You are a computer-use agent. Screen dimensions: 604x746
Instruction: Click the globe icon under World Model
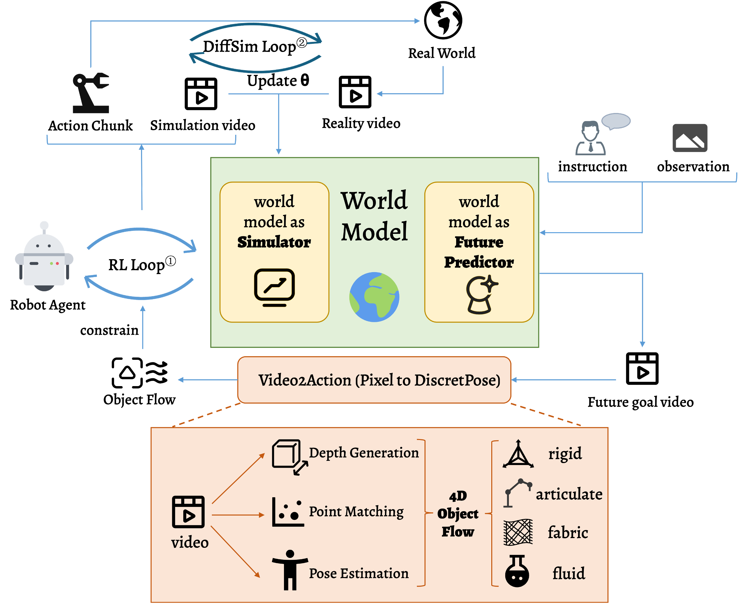[x=374, y=297]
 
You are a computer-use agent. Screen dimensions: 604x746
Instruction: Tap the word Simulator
[x=274, y=242]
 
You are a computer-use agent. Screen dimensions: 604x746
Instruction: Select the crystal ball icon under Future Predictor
[x=481, y=295]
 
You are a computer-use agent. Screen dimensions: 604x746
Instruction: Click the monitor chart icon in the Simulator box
[x=274, y=287]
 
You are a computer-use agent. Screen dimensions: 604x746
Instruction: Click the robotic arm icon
[x=91, y=93]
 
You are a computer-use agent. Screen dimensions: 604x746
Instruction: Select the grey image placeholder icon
[x=689, y=138]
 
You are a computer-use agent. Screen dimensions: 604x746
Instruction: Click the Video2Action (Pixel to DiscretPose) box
[x=374, y=380]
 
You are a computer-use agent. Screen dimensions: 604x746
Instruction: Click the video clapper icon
[x=188, y=512]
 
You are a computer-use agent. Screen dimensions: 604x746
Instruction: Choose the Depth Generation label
[x=364, y=453]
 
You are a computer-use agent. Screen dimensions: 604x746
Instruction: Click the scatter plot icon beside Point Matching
[x=288, y=512]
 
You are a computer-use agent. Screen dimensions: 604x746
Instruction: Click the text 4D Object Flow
[x=458, y=513]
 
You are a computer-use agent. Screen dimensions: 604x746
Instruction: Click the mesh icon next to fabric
[x=518, y=532]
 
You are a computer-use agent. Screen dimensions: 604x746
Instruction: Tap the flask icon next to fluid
[x=517, y=571]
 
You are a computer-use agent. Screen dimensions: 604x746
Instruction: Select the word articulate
[x=569, y=494]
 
